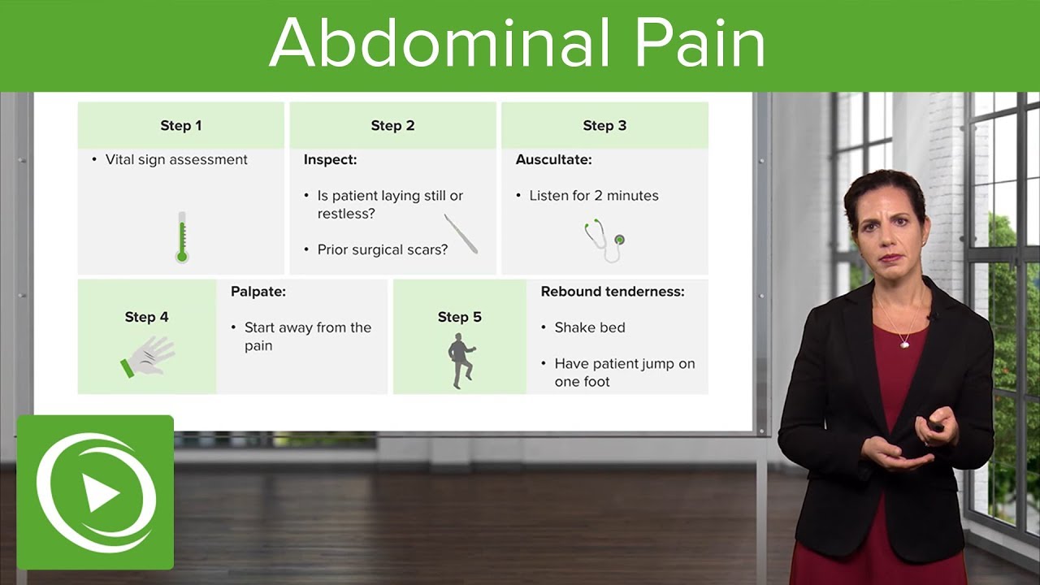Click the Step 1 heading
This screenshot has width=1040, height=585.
tap(180, 126)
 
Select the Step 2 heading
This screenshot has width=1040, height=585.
tap(392, 126)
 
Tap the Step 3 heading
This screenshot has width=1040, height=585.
tap(604, 126)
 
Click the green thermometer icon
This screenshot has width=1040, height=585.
tap(182, 237)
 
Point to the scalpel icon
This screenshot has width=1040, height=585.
tap(461, 233)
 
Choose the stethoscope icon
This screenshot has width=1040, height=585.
tap(604, 240)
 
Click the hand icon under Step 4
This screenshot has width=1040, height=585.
tap(149, 356)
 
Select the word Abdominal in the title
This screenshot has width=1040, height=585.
tap(440, 44)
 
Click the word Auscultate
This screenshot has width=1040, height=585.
tap(553, 160)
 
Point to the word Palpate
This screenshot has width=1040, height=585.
tap(258, 292)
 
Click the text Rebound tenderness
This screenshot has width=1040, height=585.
tap(613, 292)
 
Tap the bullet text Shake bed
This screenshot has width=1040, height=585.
tap(589, 327)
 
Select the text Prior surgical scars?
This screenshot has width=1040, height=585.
tap(382, 249)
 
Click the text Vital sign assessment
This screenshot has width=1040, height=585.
tap(176, 160)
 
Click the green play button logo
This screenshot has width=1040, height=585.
tap(96, 492)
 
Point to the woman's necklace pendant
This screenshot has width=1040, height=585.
tap(904, 344)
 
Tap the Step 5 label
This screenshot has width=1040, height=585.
tap(459, 317)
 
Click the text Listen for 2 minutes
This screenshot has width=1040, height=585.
tap(593, 196)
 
